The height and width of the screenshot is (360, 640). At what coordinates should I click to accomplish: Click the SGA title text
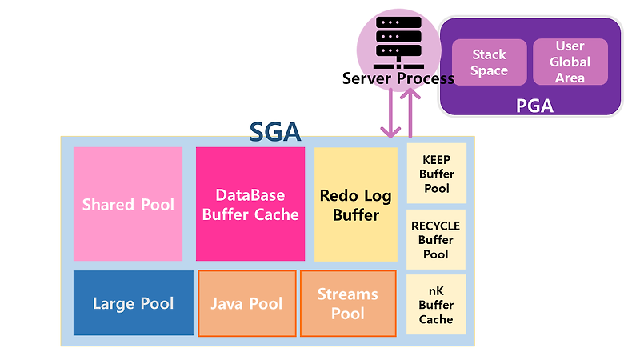[x=275, y=130]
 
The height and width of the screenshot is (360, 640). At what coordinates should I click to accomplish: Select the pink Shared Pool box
[x=128, y=204]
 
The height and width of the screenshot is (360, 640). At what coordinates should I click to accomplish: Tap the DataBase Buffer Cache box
[x=250, y=204]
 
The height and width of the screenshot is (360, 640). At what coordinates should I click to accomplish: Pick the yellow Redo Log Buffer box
[x=356, y=204]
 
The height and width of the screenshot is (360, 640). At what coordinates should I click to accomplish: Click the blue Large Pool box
[x=133, y=303]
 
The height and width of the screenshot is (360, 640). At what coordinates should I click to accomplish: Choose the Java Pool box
[x=246, y=303]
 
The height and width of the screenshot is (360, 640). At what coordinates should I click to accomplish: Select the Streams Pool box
[x=348, y=303]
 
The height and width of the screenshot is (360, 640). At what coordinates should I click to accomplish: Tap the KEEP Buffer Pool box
[x=436, y=174]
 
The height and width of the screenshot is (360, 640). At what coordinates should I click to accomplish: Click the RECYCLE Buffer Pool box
[x=436, y=239]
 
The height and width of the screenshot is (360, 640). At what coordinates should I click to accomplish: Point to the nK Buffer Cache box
[x=436, y=305]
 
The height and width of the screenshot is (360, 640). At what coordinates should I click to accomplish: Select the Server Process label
[x=398, y=78]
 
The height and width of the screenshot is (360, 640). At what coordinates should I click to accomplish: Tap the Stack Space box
[x=489, y=62]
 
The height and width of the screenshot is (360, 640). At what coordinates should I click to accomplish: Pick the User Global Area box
[x=570, y=62]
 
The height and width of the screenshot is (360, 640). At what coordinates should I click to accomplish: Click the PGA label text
[x=534, y=105]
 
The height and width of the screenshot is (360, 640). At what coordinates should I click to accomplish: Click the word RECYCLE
[x=436, y=226]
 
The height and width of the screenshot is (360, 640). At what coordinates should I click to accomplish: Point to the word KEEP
[x=436, y=159]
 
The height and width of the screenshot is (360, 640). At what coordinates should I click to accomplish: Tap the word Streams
[x=348, y=294]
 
